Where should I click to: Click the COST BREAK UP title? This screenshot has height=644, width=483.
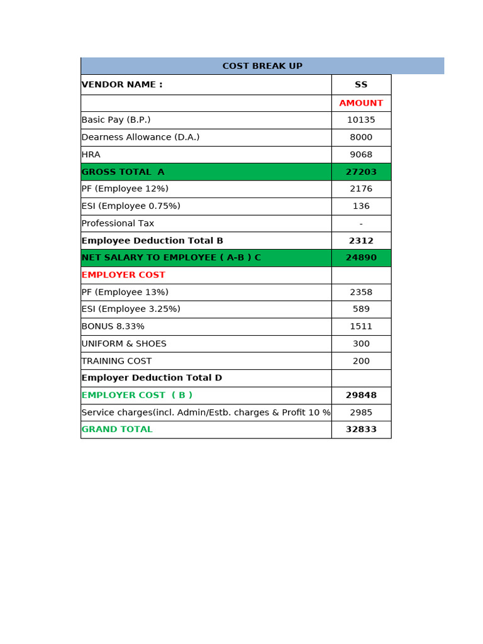click(x=262, y=66)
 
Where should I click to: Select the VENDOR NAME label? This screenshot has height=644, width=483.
click(x=122, y=85)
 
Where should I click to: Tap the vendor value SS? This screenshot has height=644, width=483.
click(x=361, y=85)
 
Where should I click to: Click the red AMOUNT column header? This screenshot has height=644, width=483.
click(x=361, y=103)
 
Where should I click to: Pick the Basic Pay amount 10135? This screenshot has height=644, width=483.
click(x=361, y=120)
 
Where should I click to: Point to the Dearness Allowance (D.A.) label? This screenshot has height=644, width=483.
click(x=140, y=137)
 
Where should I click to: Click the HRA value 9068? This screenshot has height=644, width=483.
click(x=361, y=155)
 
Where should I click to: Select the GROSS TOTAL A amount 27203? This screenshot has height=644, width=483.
click(x=361, y=172)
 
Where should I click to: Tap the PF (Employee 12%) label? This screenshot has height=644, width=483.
click(x=125, y=189)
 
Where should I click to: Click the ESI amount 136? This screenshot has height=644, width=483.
click(x=361, y=206)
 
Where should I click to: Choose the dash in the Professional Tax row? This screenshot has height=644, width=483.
click(x=361, y=224)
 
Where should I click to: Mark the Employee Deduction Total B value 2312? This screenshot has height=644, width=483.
click(x=361, y=241)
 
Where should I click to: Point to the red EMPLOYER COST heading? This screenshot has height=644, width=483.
click(x=123, y=275)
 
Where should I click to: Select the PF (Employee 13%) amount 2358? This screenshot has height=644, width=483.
click(x=361, y=292)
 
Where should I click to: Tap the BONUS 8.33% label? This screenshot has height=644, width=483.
click(x=113, y=326)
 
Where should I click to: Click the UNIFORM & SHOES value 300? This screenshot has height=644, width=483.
click(x=361, y=344)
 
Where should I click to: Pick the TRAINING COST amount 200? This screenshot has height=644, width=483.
click(x=361, y=361)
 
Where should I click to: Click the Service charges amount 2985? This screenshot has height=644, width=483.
click(x=361, y=413)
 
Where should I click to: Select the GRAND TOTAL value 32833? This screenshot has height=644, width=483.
click(x=361, y=430)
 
